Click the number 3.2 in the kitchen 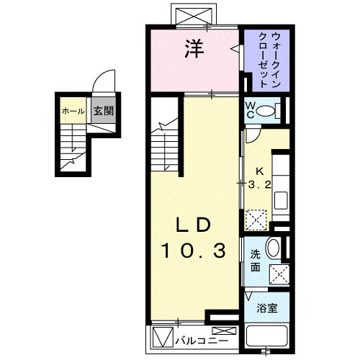[x=260, y=184]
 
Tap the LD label [x=194, y=225]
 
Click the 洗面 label [x=255, y=261]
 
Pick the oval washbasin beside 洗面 [x=274, y=249]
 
